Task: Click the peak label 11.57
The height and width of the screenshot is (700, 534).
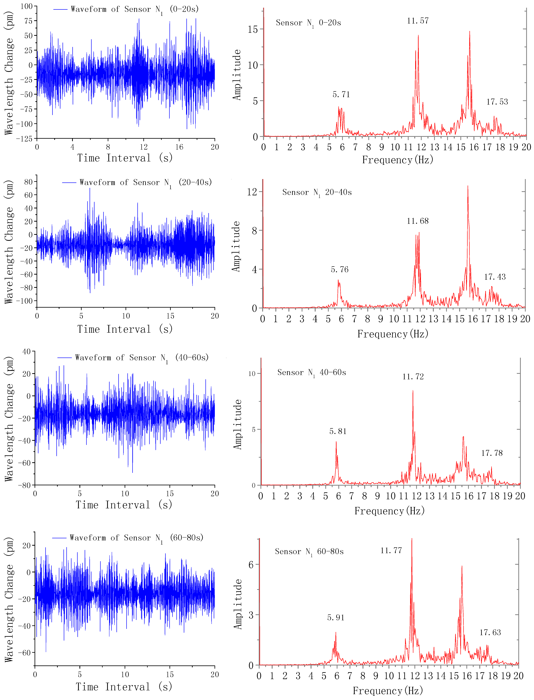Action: click(418, 21)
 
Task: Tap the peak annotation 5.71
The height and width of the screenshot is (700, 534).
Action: click(341, 95)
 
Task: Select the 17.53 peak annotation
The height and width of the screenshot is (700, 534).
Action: click(497, 102)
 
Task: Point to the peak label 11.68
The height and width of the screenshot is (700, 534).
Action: click(418, 221)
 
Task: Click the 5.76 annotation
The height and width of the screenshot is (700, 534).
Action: click(339, 270)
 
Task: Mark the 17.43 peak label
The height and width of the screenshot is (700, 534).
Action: click(495, 277)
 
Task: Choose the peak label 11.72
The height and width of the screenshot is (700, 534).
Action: click(413, 377)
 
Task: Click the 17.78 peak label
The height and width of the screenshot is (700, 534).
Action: click(492, 453)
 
